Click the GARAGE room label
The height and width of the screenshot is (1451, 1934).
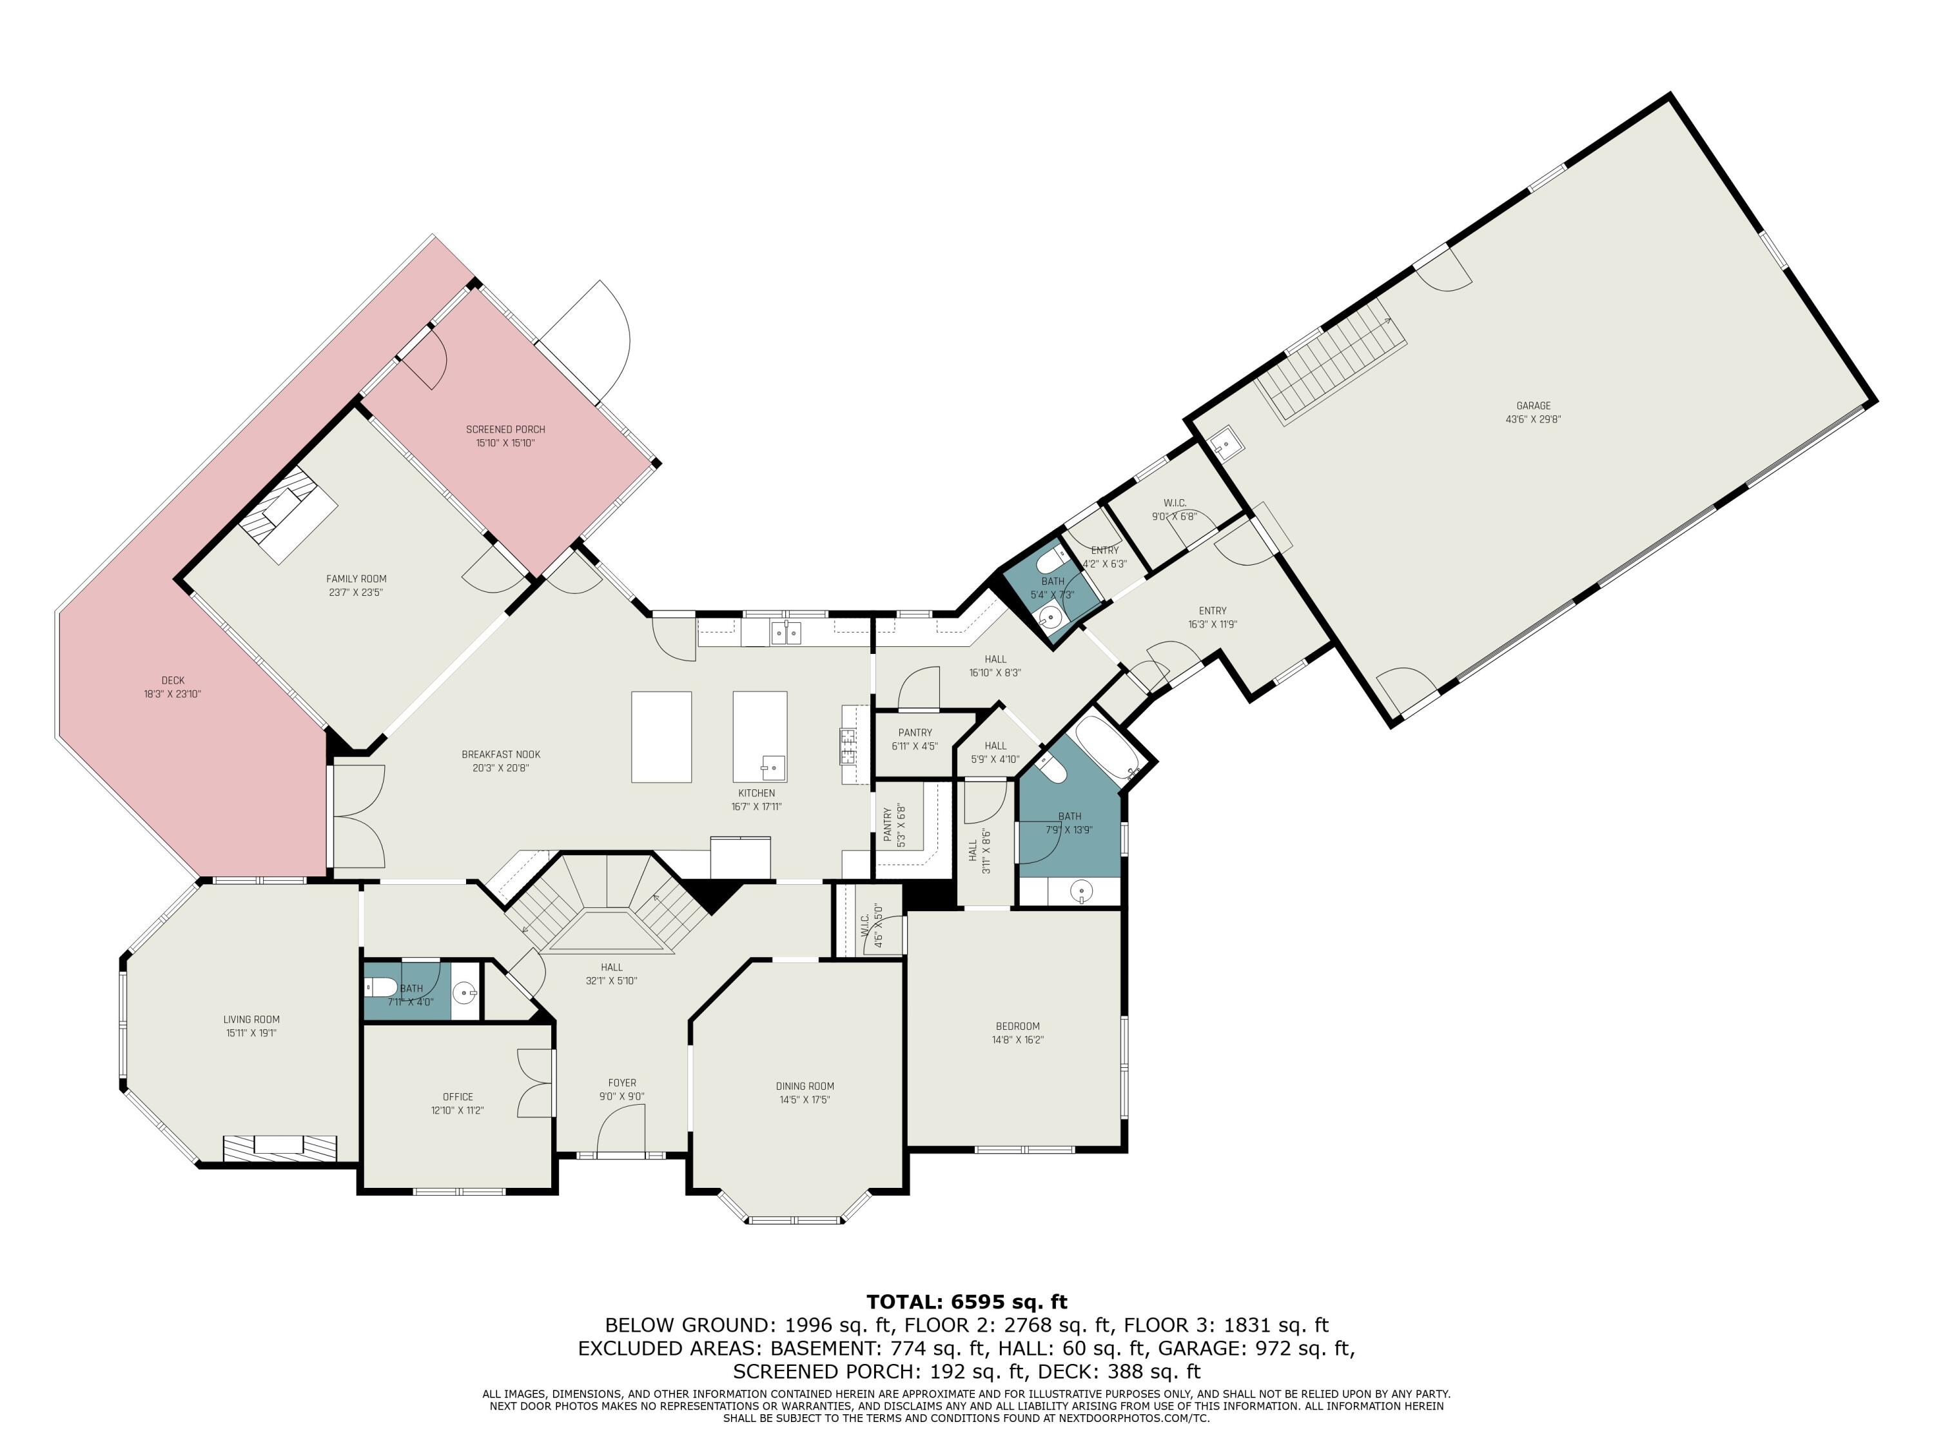(1532, 406)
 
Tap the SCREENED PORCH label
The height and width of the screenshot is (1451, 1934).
(505, 429)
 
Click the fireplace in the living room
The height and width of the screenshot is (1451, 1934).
(279, 1147)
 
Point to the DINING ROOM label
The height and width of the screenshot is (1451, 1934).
(805, 1086)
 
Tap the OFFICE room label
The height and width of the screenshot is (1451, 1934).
(457, 1097)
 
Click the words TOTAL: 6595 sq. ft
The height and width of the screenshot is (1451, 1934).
(966, 1302)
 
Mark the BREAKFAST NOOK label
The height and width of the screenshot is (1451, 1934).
(501, 755)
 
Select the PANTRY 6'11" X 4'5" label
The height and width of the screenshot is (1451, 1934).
(915, 740)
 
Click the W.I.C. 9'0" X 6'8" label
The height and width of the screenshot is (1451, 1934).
(1174, 509)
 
